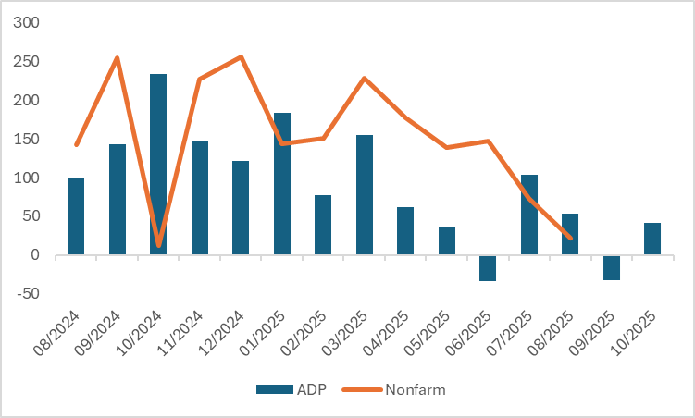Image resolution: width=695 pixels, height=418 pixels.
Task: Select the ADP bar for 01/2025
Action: point(282,184)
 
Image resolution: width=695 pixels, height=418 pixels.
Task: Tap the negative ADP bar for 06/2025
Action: point(488,268)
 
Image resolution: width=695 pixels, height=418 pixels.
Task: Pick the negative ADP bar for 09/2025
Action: point(611,267)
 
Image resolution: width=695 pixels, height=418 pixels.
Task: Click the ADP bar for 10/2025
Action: point(652,239)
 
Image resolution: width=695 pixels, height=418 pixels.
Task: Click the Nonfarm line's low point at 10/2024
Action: point(158,245)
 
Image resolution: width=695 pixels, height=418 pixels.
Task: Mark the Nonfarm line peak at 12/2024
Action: point(241,57)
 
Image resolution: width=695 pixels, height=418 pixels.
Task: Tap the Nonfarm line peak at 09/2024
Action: point(117,58)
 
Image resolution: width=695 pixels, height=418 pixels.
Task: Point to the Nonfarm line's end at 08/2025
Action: point(570,239)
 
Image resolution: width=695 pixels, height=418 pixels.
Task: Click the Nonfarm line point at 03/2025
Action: point(364,79)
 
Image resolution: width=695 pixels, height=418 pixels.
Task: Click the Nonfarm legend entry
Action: point(397,389)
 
